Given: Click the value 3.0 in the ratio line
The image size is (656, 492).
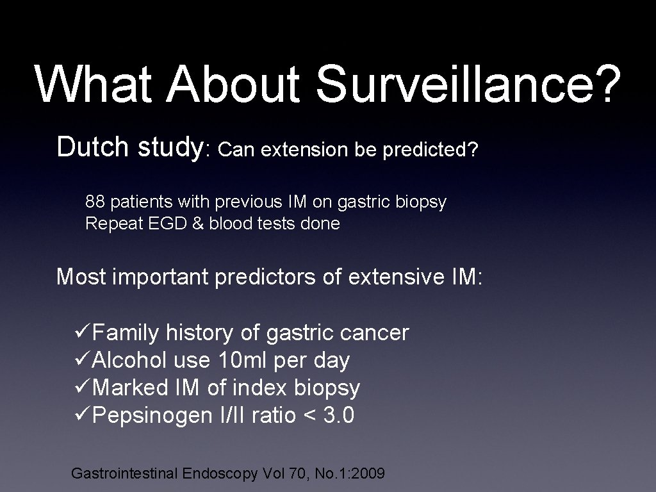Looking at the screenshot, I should [339, 416].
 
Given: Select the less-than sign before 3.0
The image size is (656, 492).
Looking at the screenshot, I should [310, 416].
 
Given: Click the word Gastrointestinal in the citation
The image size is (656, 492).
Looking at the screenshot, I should [124, 474].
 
